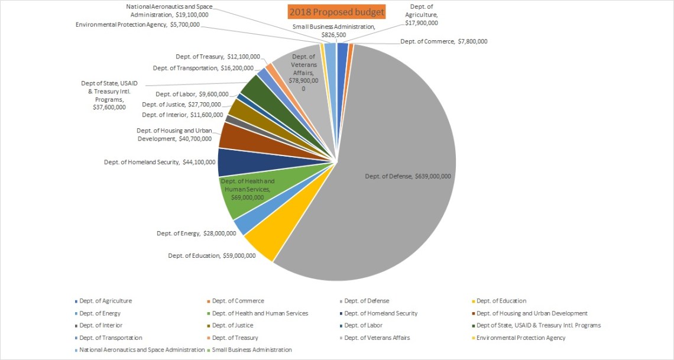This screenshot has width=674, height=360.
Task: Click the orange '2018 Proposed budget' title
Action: (x=336, y=12)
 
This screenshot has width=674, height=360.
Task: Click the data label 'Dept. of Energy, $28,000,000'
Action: (x=196, y=233)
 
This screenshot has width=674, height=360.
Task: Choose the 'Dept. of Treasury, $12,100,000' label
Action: (x=218, y=57)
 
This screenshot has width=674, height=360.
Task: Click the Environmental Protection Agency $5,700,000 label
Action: (x=137, y=25)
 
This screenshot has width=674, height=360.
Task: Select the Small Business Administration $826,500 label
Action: (x=333, y=31)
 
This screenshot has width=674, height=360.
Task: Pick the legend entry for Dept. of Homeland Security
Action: (x=381, y=313)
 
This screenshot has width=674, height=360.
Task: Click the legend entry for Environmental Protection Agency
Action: (x=521, y=338)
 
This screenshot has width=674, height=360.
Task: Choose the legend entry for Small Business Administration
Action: (x=252, y=350)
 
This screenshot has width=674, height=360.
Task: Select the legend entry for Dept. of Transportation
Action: (x=111, y=338)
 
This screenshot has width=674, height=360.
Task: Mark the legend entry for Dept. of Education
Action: (x=501, y=301)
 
